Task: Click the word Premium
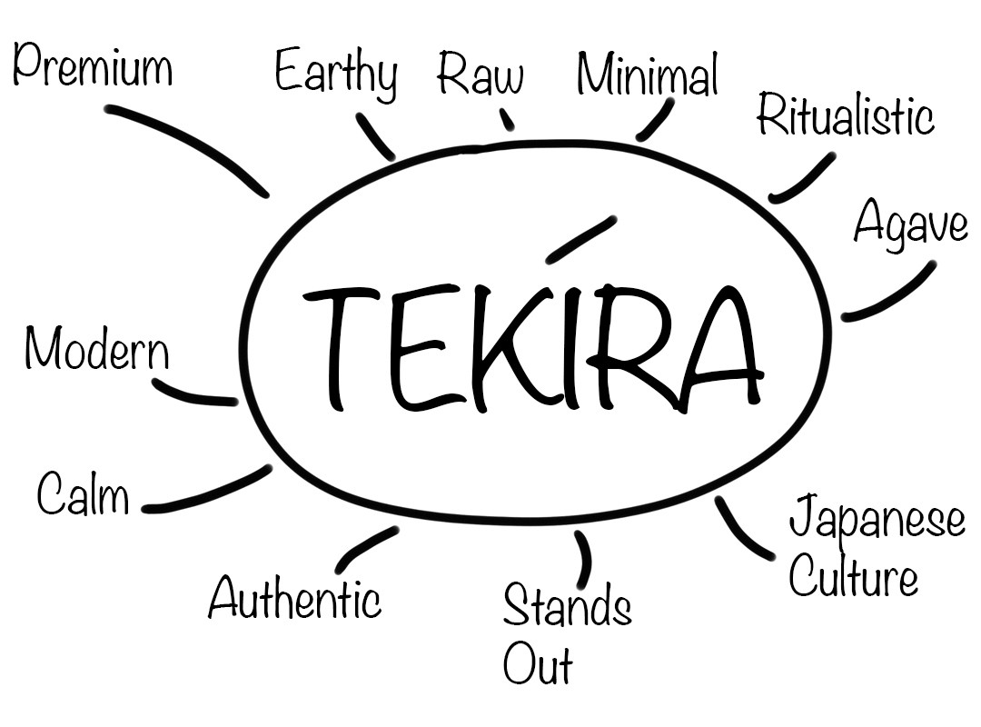pyautogui.click(x=93, y=68)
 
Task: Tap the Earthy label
pyautogui.click(x=336, y=73)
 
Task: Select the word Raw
pyautogui.click(x=480, y=75)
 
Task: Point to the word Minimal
pyautogui.click(x=647, y=75)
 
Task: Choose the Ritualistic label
pyautogui.click(x=845, y=116)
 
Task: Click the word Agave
pyautogui.click(x=910, y=223)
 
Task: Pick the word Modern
pyautogui.click(x=96, y=349)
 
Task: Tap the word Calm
pyautogui.click(x=83, y=495)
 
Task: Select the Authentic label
pyautogui.click(x=294, y=600)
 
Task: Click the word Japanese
pyautogui.click(x=877, y=520)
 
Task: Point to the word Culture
pyautogui.click(x=853, y=577)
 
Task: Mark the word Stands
pyautogui.click(x=567, y=606)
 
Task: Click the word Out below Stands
pyautogui.click(x=538, y=664)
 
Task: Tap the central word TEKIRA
pyautogui.click(x=531, y=345)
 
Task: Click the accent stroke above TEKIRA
pyautogui.click(x=581, y=239)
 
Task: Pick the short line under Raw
pyautogui.click(x=507, y=120)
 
